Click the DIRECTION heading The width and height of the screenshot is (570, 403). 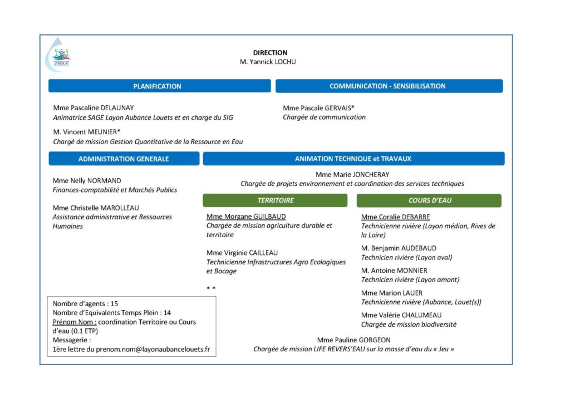point(270,53)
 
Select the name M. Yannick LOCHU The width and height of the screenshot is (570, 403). point(268,62)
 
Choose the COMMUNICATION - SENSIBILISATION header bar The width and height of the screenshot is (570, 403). point(389,86)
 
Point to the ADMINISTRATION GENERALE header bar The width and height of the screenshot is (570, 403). point(124,159)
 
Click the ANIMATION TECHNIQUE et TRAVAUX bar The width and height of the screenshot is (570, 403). point(353,159)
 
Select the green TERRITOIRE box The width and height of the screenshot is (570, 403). point(275,200)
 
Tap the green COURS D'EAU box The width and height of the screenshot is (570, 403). point(429,200)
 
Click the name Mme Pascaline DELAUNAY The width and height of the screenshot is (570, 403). point(94,108)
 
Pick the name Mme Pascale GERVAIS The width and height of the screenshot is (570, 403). point(318,108)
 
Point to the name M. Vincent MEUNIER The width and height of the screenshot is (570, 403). point(87,132)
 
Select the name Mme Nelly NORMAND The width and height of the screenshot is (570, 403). point(87,181)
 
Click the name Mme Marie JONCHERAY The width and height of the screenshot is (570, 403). point(352,175)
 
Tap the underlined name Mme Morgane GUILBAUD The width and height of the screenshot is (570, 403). point(246,217)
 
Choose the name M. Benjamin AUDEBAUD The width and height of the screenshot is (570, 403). point(399,248)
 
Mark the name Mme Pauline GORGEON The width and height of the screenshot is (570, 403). point(353,340)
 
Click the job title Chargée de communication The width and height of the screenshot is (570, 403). point(324,117)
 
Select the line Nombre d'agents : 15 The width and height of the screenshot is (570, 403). point(85,304)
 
